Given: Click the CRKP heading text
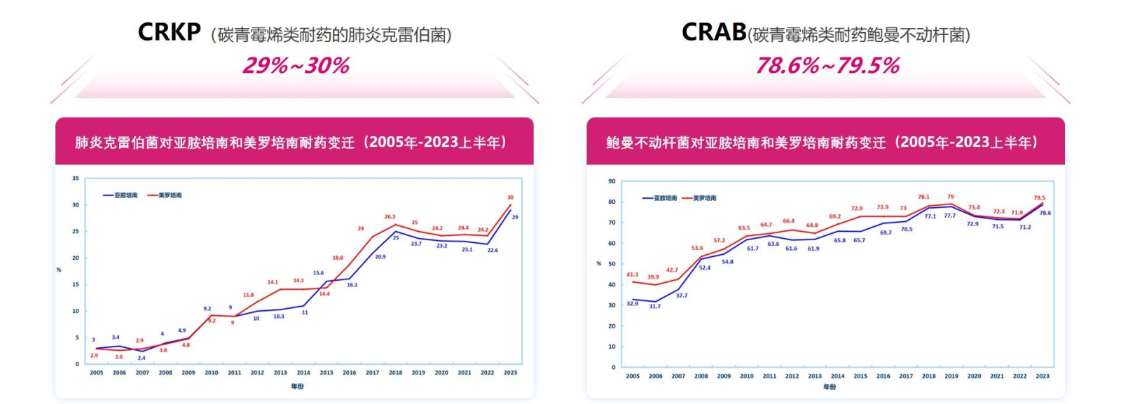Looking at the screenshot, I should (x=169, y=32).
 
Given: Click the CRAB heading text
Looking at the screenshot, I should (x=713, y=32).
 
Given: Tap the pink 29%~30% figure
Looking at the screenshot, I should (x=296, y=66).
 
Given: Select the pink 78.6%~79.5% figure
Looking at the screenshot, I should (x=827, y=66).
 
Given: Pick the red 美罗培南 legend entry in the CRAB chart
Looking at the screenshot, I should (x=699, y=198).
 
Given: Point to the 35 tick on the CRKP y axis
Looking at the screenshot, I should (x=76, y=179).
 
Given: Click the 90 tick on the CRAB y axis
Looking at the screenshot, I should (x=612, y=181).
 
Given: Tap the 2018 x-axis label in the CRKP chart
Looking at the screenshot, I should (x=395, y=372).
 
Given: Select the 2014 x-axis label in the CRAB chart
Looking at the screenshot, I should (x=837, y=376).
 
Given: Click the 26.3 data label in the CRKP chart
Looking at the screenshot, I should (x=390, y=217).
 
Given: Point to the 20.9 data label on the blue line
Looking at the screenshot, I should (x=380, y=257).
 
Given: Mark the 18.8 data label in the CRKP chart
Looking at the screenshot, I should (x=338, y=258).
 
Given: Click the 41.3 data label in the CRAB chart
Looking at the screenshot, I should (x=632, y=275).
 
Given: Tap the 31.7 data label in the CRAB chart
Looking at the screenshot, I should (x=654, y=307).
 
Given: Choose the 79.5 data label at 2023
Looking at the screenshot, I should (x=1039, y=198).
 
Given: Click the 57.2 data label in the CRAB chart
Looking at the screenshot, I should (x=719, y=241).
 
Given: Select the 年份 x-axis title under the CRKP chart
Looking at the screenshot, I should (x=298, y=386).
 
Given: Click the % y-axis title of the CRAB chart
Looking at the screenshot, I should (x=598, y=264).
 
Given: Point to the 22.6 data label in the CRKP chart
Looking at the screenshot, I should (x=493, y=250).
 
